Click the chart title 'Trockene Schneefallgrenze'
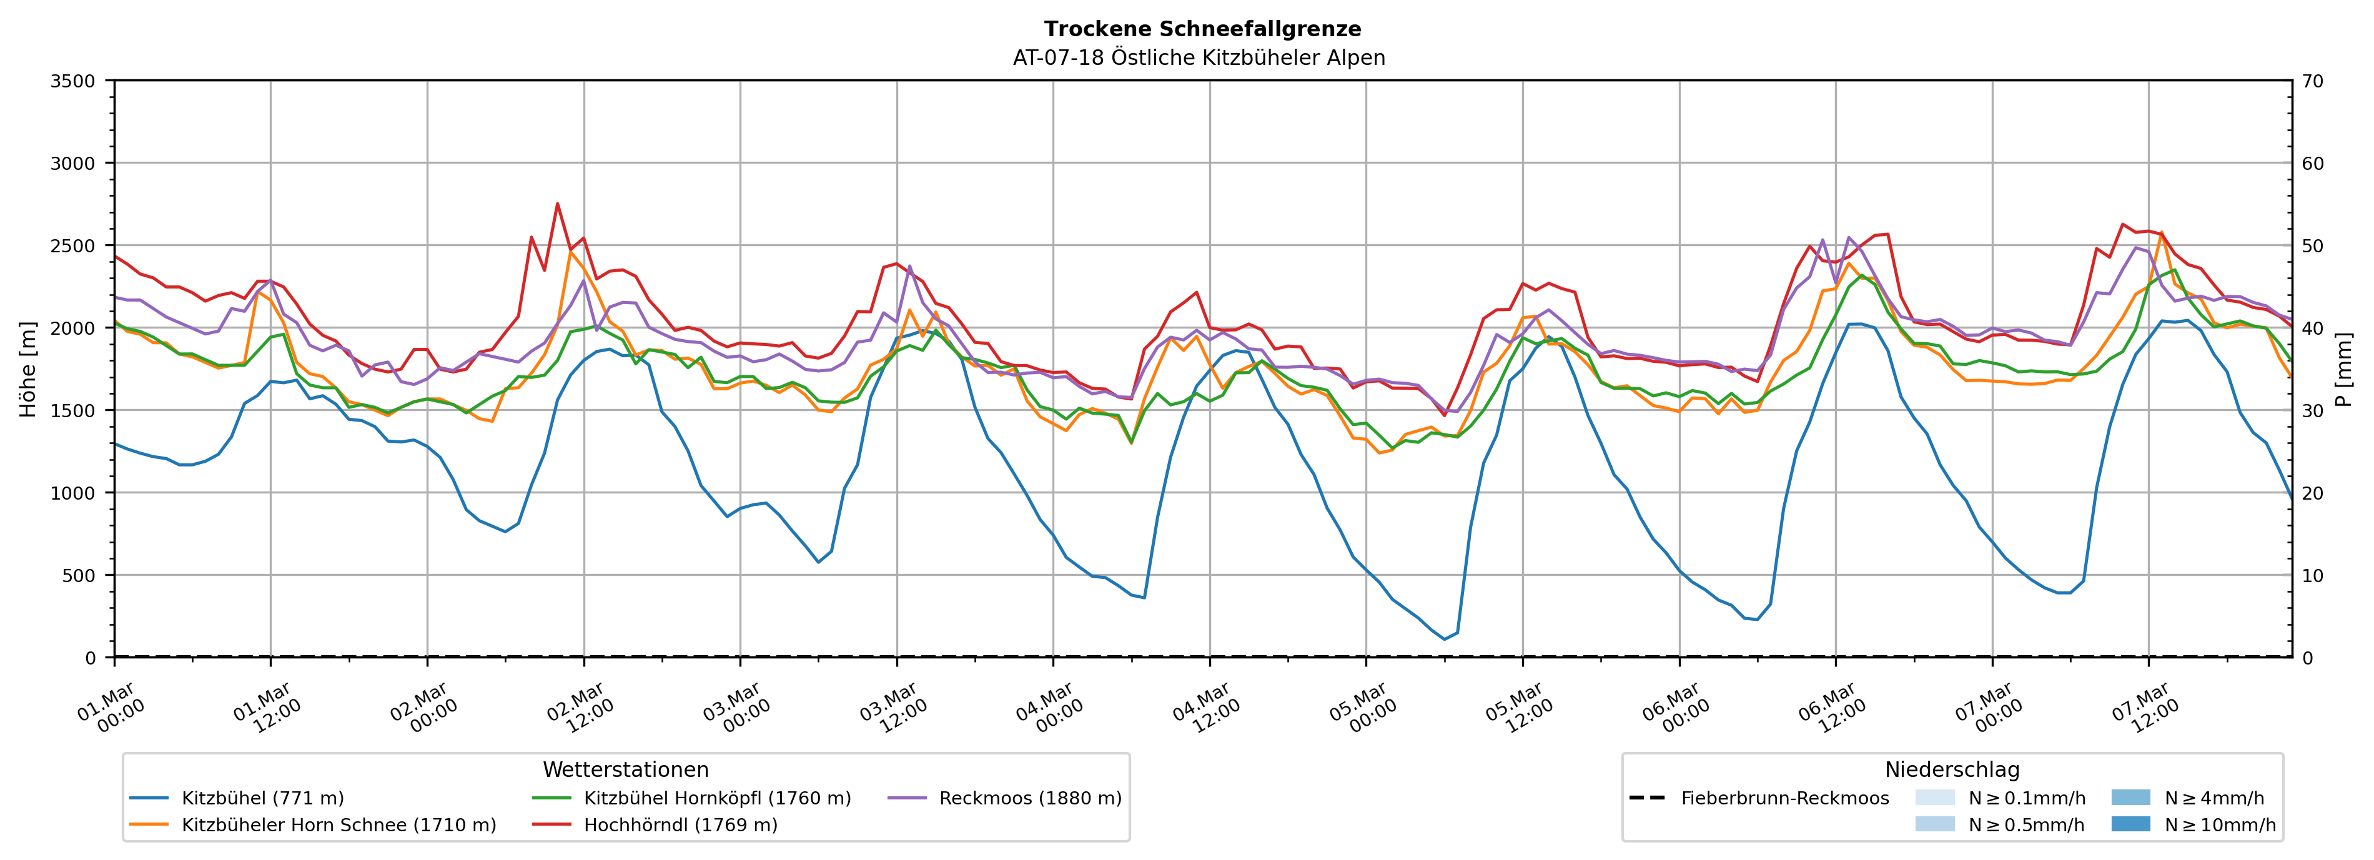point(1202,29)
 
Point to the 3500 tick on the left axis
point(73,81)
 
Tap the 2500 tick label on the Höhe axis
point(73,246)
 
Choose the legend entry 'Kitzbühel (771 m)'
point(263,798)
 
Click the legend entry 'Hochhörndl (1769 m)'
point(680,825)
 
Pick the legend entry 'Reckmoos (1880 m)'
point(1029,798)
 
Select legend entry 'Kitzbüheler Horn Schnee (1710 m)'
point(339,825)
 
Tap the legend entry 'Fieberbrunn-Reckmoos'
point(1784,798)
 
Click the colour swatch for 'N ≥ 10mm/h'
point(2130,824)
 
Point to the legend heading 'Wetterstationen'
point(626,769)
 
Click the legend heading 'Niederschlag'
point(1952,769)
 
